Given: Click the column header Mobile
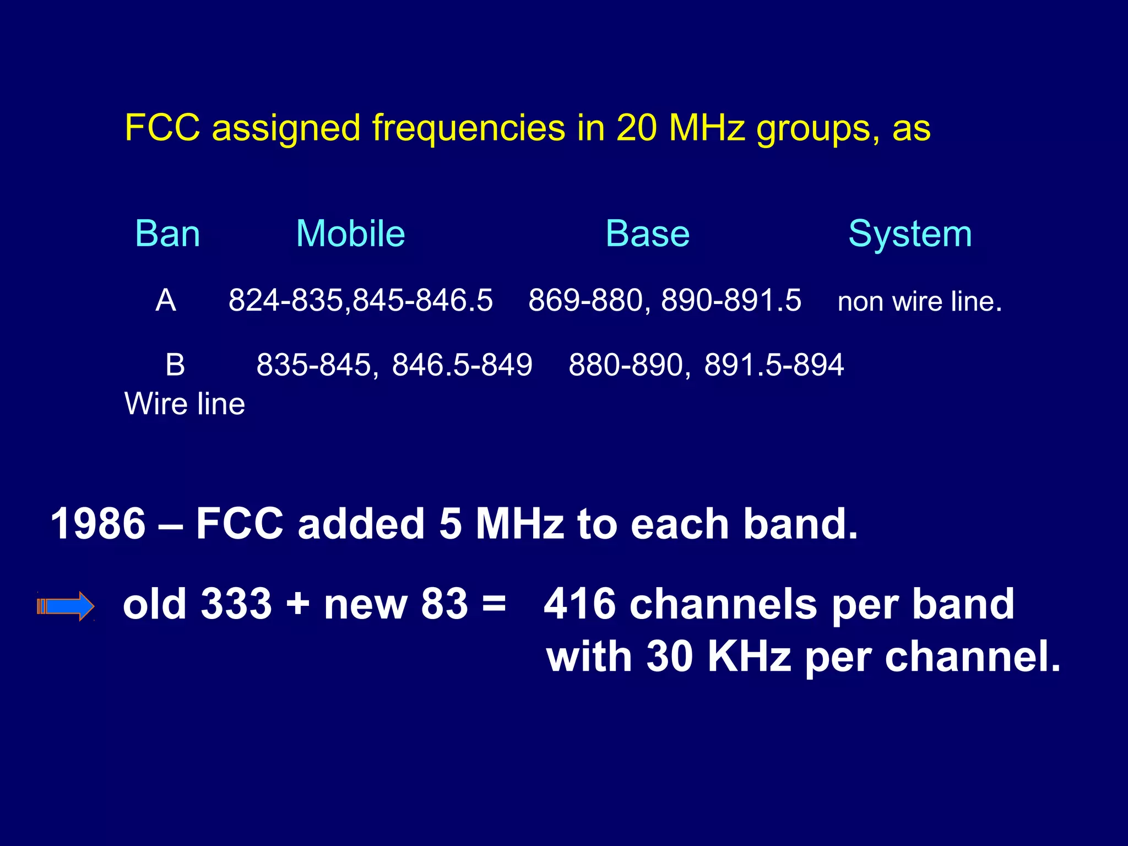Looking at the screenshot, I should (350, 234).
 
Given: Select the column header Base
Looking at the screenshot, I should (647, 234).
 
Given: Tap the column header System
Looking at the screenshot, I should (910, 235).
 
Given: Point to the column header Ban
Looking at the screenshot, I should (167, 234).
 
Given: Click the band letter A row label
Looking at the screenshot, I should (166, 301).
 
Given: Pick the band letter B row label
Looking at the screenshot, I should (175, 365).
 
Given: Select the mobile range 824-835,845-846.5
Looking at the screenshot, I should (360, 301).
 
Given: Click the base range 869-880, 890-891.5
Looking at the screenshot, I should (664, 301).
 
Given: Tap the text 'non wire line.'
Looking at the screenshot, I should (919, 302).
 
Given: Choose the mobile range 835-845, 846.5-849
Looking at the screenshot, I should (394, 365).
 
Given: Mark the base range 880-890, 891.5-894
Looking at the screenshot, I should (706, 365).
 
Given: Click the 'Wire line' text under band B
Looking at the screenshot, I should (185, 404).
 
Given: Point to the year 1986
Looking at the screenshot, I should (98, 524).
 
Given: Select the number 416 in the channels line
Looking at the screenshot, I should (579, 604).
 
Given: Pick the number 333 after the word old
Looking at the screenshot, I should (236, 604).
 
